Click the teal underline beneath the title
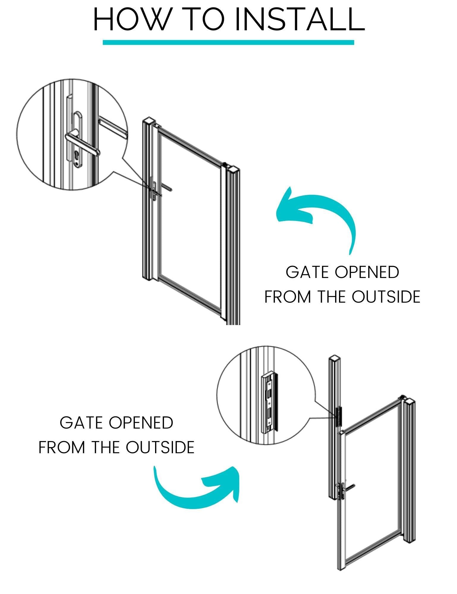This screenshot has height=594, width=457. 228,42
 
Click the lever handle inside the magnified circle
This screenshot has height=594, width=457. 82,144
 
